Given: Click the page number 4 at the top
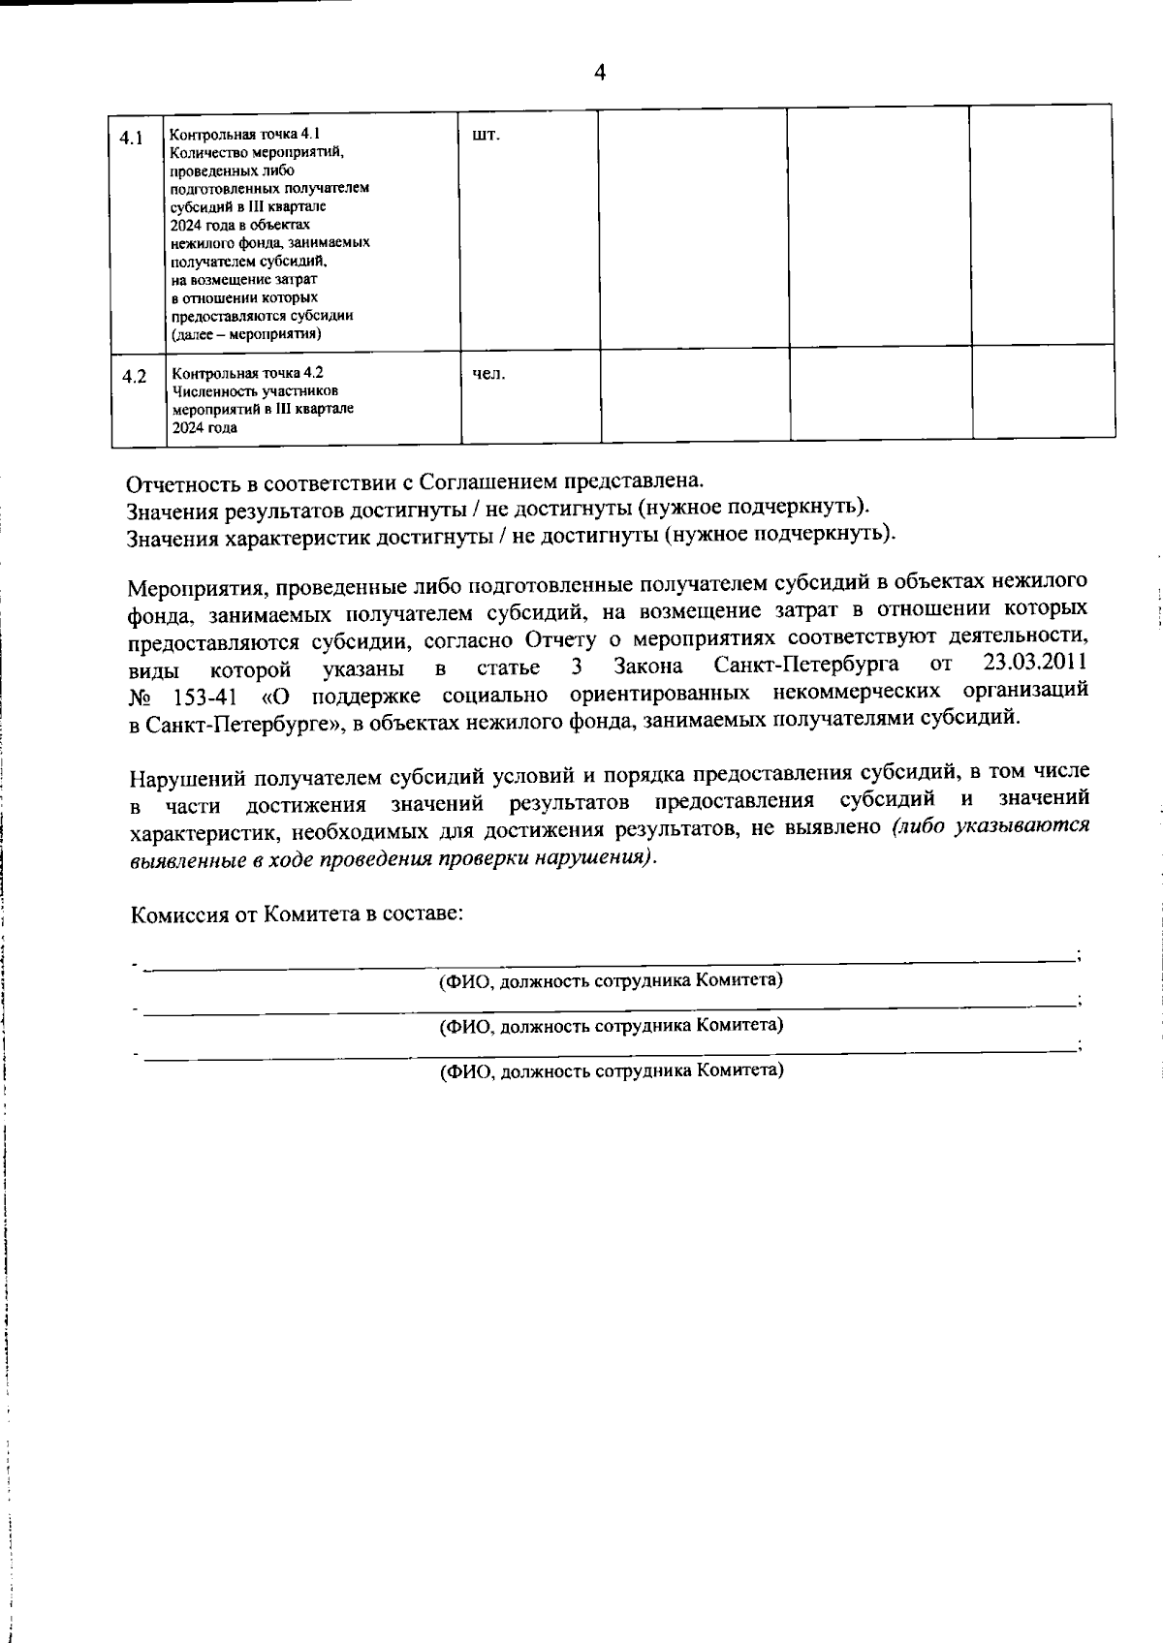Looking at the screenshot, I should (600, 73).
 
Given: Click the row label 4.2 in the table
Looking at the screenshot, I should (134, 377).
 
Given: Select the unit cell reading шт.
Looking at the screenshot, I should (486, 135).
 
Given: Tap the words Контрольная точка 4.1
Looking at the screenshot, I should (244, 134).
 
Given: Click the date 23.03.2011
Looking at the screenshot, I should (1034, 664).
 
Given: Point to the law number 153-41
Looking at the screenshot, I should (205, 696).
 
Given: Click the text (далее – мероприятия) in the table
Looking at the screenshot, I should (247, 334).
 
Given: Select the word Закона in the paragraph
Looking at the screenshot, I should (648, 666).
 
